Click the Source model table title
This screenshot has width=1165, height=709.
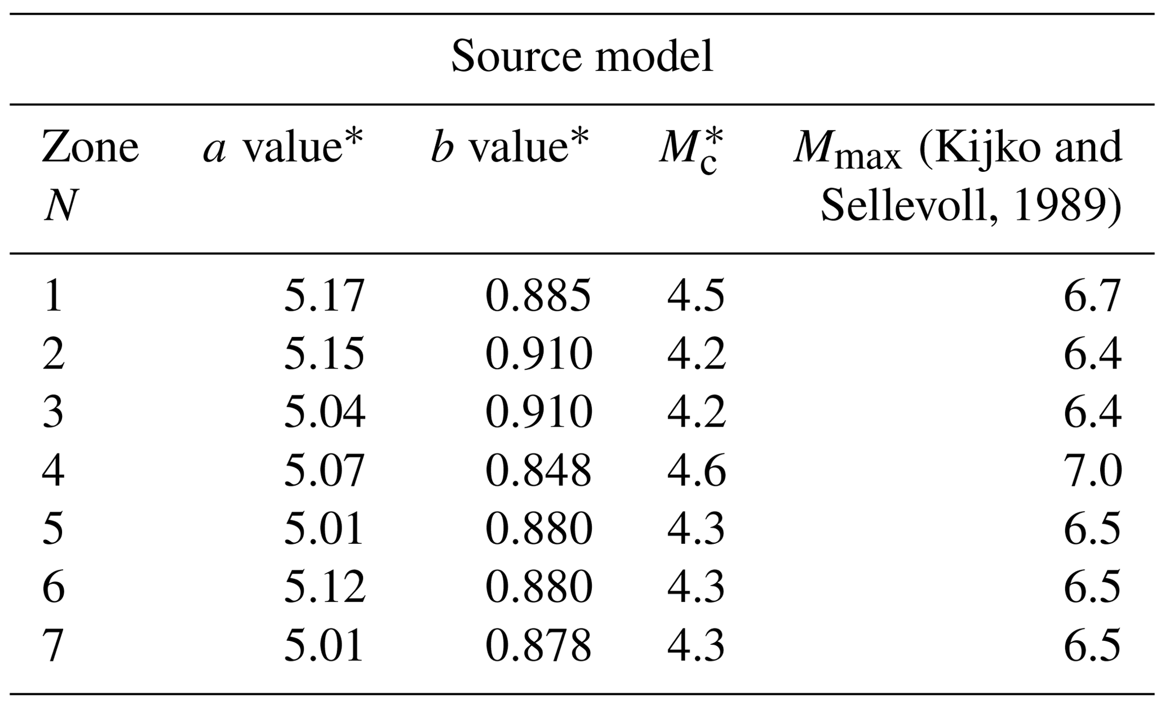point(582,57)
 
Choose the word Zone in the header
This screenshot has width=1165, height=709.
point(90,148)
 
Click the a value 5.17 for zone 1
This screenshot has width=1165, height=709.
point(324,296)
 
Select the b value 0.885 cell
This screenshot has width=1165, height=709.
point(538,296)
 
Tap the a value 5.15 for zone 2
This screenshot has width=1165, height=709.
point(324,354)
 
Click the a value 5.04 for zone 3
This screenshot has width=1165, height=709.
point(324,413)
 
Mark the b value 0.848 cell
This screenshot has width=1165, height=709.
point(538,471)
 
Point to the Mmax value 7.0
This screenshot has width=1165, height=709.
point(1092,471)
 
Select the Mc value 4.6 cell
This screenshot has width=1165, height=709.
point(696,471)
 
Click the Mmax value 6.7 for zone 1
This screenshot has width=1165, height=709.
point(1092,296)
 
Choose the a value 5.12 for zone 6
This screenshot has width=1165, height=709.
point(324,587)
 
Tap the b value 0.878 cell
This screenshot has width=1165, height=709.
point(538,645)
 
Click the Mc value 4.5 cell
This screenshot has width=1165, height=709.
point(696,296)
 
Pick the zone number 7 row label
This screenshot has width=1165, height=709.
point(53,645)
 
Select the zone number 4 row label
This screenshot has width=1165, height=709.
point(53,471)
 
